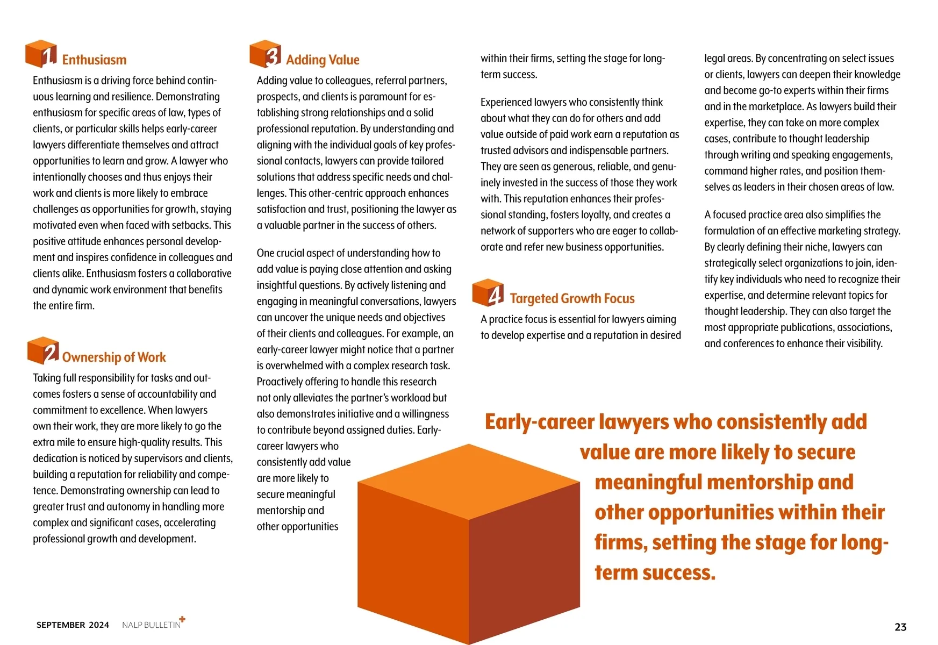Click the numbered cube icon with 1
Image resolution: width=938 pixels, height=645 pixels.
(x=41, y=54)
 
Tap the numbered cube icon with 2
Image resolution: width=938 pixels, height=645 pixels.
(x=43, y=351)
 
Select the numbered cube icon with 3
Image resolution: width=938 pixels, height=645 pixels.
(x=266, y=54)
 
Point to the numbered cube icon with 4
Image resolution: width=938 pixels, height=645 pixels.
(x=488, y=292)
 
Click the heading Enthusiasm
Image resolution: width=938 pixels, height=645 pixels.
(x=94, y=60)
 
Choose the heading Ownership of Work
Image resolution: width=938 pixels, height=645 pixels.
(x=114, y=357)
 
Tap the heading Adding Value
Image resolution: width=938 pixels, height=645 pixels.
(x=323, y=60)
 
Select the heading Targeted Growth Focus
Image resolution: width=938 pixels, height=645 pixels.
(x=572, y=298)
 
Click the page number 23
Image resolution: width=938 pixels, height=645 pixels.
(x=900, y=627)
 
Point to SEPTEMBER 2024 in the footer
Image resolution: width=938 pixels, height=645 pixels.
(x=73, y=625)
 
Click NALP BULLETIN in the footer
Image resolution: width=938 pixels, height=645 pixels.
(x=151, y=625)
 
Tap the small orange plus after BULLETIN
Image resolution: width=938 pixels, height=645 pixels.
(x=182, y=619)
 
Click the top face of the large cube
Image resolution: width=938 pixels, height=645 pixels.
(x=469, y=480)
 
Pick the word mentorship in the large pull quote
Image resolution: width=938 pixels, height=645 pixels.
(x=758, y=482)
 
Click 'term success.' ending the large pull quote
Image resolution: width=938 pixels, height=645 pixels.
(x=655, y=572)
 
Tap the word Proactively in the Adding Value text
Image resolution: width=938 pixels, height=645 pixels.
(x=280, y=382)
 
